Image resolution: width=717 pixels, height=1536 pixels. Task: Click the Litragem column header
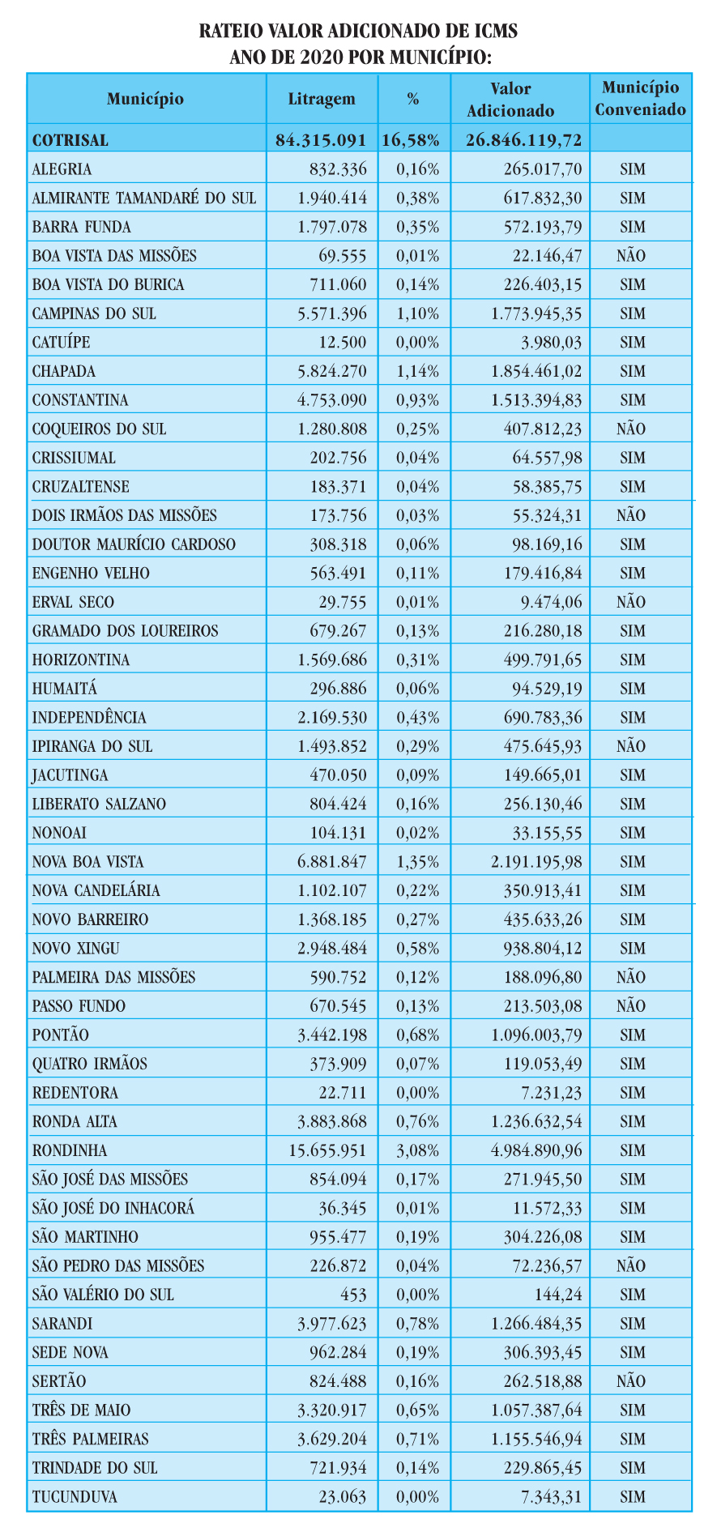pyautogui.click(x=322, y=99)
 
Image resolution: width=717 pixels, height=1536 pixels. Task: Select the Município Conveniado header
pyautogui.click(x=641, y=98)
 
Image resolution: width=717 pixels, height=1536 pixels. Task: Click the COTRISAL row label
pyautogui.click(x=70, y=140)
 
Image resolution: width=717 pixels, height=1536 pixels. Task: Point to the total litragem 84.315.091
pyautogui.click(x=322, y=140)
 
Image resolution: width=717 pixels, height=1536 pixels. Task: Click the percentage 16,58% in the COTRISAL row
pyautogui.click(x=411, y=140)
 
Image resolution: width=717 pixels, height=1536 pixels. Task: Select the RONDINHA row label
pyautogui.click(x=70, y=1150)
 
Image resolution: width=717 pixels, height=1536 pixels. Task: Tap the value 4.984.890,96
pyautogui.click(x=536, y=1150)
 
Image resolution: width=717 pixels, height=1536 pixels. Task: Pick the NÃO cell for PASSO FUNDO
pyautogui.click(x=632, y=1006)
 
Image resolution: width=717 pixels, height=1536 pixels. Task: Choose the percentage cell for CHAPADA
pyautogui.click(x=418, y=372)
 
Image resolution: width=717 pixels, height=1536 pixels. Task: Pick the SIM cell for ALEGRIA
pyautogui.click(x=632, y=169)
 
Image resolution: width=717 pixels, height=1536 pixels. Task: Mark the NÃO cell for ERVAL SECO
pyautogui.click(x=632, y=602)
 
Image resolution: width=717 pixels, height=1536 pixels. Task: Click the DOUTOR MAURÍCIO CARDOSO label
pyautogui.click(x=134, y=544)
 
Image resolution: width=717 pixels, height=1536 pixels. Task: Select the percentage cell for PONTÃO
pyautogui.click(x=418, y=1035)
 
